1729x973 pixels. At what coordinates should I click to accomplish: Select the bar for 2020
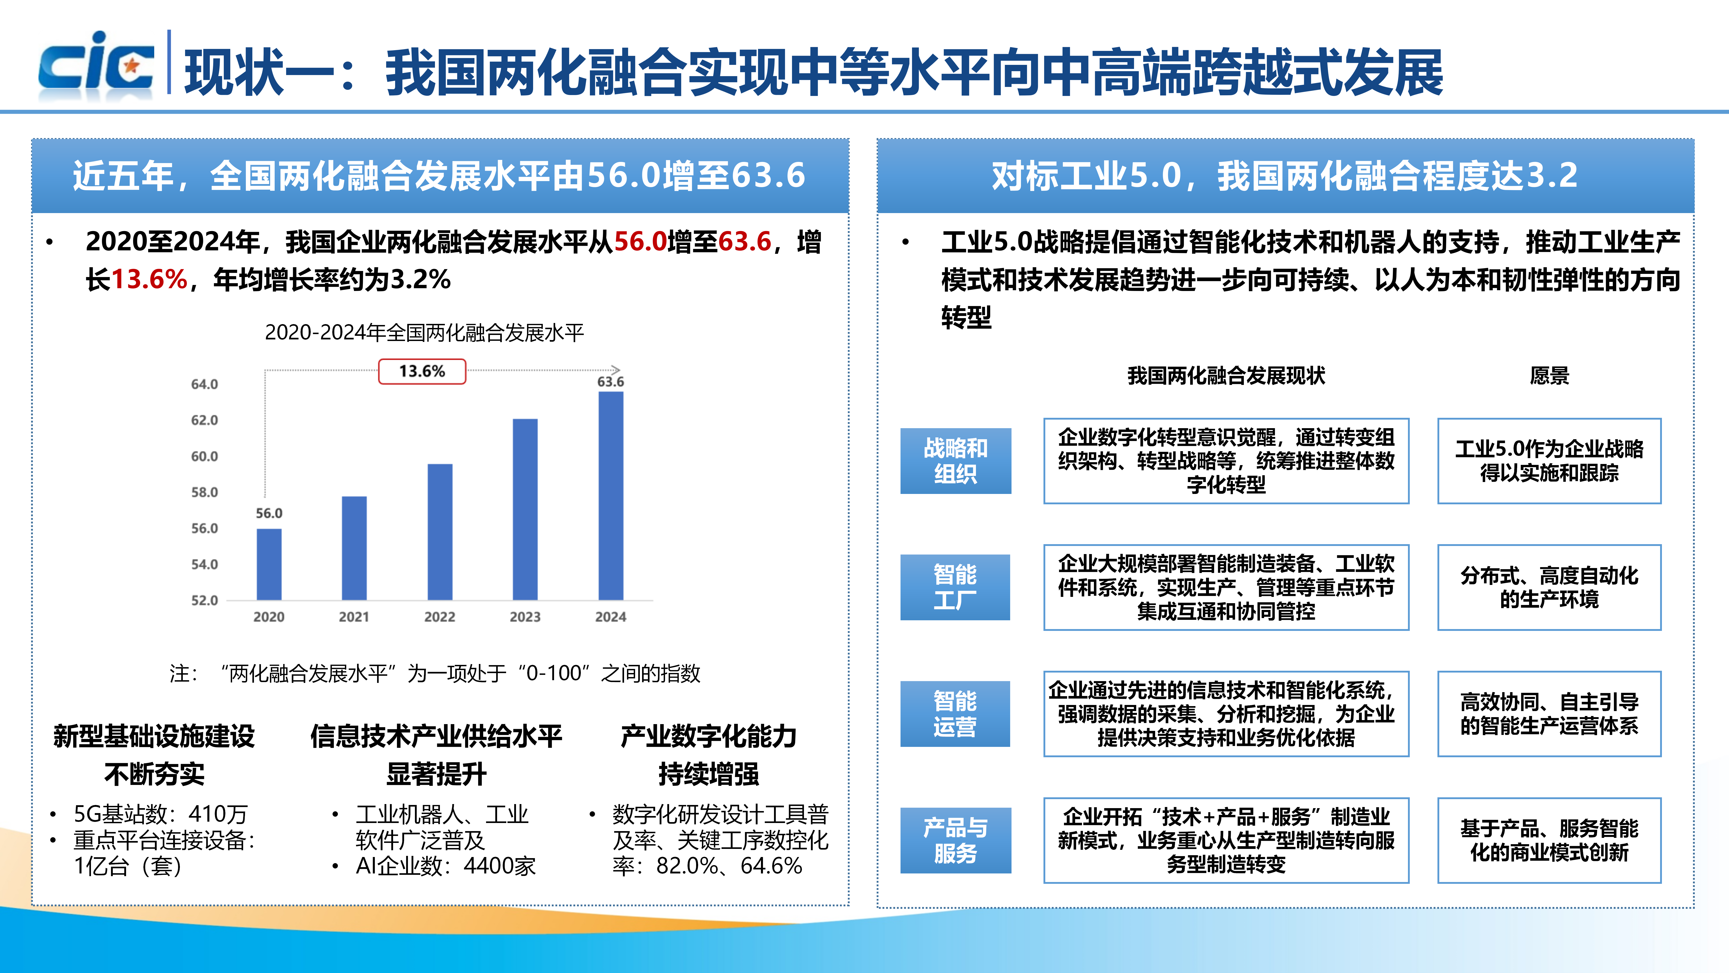tap(269, 564)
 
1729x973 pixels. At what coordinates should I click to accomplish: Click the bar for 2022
tap(440, 532)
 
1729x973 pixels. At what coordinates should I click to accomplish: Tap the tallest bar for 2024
tap(611, 496)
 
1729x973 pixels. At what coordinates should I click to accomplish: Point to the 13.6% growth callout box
tap(422, 371)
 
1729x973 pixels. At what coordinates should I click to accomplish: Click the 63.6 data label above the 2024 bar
tap(611, 381)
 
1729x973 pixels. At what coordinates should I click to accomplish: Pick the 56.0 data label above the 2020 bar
tap(269, 513)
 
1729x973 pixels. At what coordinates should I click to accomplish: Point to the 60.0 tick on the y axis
tap(205, 457)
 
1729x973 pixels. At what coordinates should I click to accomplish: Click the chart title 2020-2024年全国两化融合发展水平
tap(424, 332)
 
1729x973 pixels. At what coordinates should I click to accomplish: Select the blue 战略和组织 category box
tap(956, 461)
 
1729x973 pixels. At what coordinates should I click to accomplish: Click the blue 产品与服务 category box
tap(956, 840)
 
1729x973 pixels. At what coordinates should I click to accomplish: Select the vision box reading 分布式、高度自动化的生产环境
tap(1549, 587)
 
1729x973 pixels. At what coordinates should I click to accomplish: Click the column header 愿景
tap(1549, 375)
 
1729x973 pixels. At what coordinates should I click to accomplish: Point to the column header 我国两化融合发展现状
tap(1226, 375)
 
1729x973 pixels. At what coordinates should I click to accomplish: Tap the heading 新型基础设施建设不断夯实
tap(154, 755)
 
